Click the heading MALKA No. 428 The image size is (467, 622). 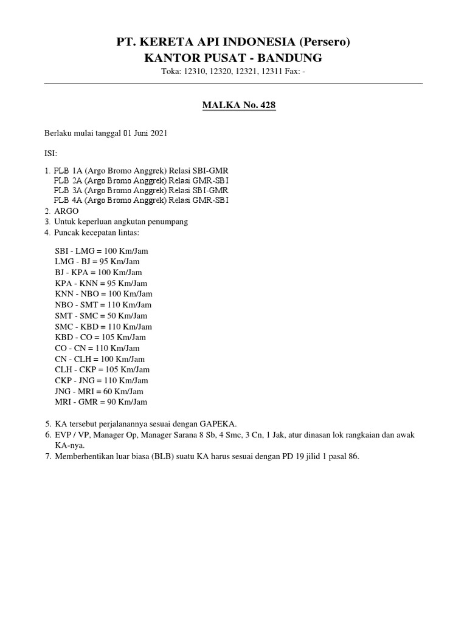(238, 106)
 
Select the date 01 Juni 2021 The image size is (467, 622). (145, 133)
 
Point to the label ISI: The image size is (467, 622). (50, 154)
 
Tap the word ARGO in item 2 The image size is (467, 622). (66, 211)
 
